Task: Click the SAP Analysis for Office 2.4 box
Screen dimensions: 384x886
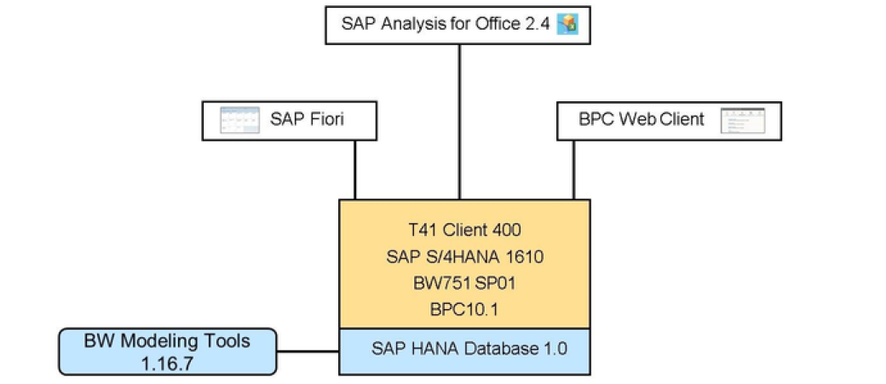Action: coord(458,24)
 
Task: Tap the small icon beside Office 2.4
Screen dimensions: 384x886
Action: coord(567,24)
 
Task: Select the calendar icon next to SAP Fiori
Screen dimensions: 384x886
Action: coord(239,120)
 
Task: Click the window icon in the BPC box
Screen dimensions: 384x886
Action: coord(742,120)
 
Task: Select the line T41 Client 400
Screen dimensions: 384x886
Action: coord(464,229)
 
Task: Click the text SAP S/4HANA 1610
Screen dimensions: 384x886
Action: coord(464,255)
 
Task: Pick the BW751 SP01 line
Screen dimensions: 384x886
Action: coord(464,282)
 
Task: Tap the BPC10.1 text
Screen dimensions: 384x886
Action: coord(464,308)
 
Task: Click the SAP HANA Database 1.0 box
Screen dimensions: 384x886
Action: coord(464,349)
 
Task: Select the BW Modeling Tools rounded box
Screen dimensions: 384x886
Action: coord(168,351)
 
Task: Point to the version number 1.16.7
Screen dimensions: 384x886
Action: coord(168,362)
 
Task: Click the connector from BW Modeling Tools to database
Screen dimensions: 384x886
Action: coord(308,351)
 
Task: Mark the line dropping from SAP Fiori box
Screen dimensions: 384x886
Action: coord(355,169)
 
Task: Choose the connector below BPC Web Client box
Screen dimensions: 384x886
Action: coord(573,169)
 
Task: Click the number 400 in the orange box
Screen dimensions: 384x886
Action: coord(506,229)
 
